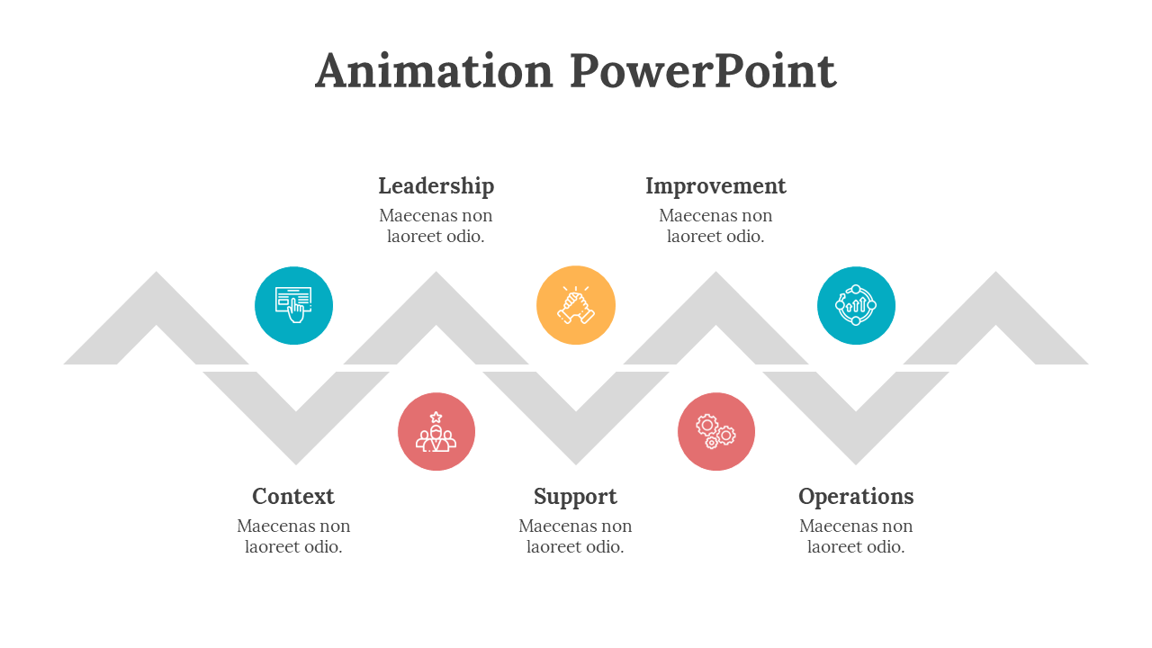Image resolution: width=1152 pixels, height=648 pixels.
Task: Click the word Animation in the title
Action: click(x=434, y=71)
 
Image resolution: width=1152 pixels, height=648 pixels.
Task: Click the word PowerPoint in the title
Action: click(x=703, y=71)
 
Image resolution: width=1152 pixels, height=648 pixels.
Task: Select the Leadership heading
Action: click(x=436, y=186)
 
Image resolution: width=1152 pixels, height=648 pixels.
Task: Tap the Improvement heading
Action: click(x=715, y=186)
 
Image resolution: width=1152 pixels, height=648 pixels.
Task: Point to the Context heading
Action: click(x=293, y=497)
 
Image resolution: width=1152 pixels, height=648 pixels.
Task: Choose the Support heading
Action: click(x=575, y=497)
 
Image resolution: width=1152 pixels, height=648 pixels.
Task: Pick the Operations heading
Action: click(x=856, y=497)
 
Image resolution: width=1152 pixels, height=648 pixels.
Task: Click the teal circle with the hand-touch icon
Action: click(x=293, y=306)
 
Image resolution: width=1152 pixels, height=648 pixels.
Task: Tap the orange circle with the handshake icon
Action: click(x=576, y=305)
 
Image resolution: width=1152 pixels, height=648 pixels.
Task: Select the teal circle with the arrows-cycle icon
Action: click(x=856, y=305)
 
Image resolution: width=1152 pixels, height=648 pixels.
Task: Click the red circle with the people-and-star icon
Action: click(x=436, y=432)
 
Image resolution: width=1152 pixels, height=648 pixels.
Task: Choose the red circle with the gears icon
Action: click(x=716, y=432)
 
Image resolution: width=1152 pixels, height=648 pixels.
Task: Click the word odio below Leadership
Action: click(x=465, y=237)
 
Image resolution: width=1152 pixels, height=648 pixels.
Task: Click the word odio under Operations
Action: click(x=886, y=547)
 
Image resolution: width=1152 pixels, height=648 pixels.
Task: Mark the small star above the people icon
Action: click(x=436, y=417)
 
